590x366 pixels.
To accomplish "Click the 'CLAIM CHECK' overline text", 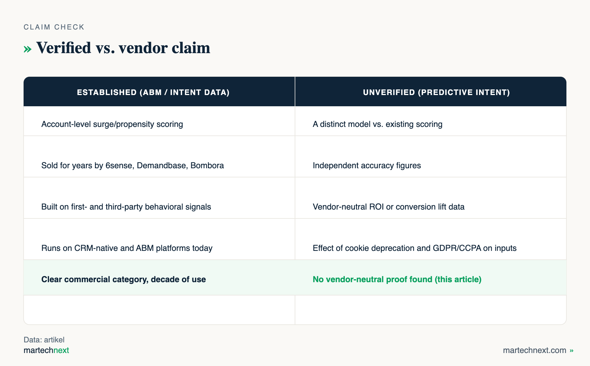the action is point(54,27).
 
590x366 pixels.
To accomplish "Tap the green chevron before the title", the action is point(27,49).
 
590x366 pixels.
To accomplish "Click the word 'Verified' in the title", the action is point(64,48).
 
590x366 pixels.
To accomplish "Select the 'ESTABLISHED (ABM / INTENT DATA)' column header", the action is point(153,92).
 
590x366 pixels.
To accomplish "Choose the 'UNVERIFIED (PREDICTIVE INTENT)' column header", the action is point(436,92).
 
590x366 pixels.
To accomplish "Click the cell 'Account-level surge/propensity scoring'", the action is point(112,124).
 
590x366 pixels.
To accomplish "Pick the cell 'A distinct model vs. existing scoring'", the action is point(378,124).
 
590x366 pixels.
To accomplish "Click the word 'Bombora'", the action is point(207,165).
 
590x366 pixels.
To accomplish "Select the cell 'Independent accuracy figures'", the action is point(367,165).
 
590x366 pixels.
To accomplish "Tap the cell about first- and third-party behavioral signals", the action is point(126,207).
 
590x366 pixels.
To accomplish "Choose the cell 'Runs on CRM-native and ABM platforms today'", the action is point(127,248).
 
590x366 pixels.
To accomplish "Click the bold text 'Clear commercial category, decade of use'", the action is point(124,279).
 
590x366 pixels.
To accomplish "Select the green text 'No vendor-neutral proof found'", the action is point(372,279).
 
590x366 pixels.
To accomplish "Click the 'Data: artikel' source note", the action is point(44,340).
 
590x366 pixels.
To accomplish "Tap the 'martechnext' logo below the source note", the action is point(46,350).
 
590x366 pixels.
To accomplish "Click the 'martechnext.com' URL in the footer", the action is point(535,350).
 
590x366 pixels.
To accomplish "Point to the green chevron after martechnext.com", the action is point(571,351).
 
